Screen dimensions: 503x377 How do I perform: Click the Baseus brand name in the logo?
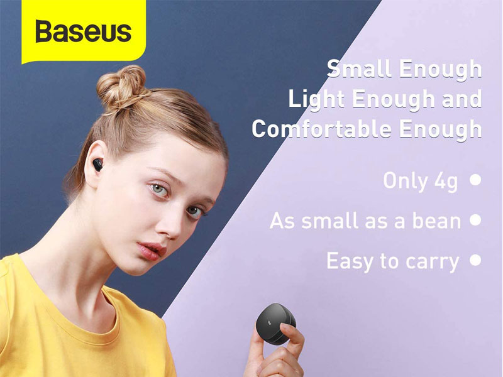click(84, 31)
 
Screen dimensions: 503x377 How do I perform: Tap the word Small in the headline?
click(360, 68)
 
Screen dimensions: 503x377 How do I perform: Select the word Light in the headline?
click(317, 99)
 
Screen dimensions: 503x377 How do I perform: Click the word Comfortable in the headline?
click(322, 129)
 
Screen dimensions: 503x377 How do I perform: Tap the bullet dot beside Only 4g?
click(475, 180)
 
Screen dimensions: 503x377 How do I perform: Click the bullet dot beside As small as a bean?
click(475, 220)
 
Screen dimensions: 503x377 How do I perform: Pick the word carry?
click(433, 262)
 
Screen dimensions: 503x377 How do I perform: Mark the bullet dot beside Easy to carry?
click(475, 260)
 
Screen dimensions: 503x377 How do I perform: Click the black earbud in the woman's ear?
click(97, 165)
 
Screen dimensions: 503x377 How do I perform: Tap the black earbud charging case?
click(275, 324)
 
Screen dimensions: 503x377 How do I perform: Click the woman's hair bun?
click(121, 87)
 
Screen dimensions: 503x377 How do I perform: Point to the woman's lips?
click(151, 251)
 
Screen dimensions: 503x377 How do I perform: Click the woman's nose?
click(170, 224)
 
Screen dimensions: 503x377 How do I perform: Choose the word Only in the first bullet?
click(406, 181)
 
